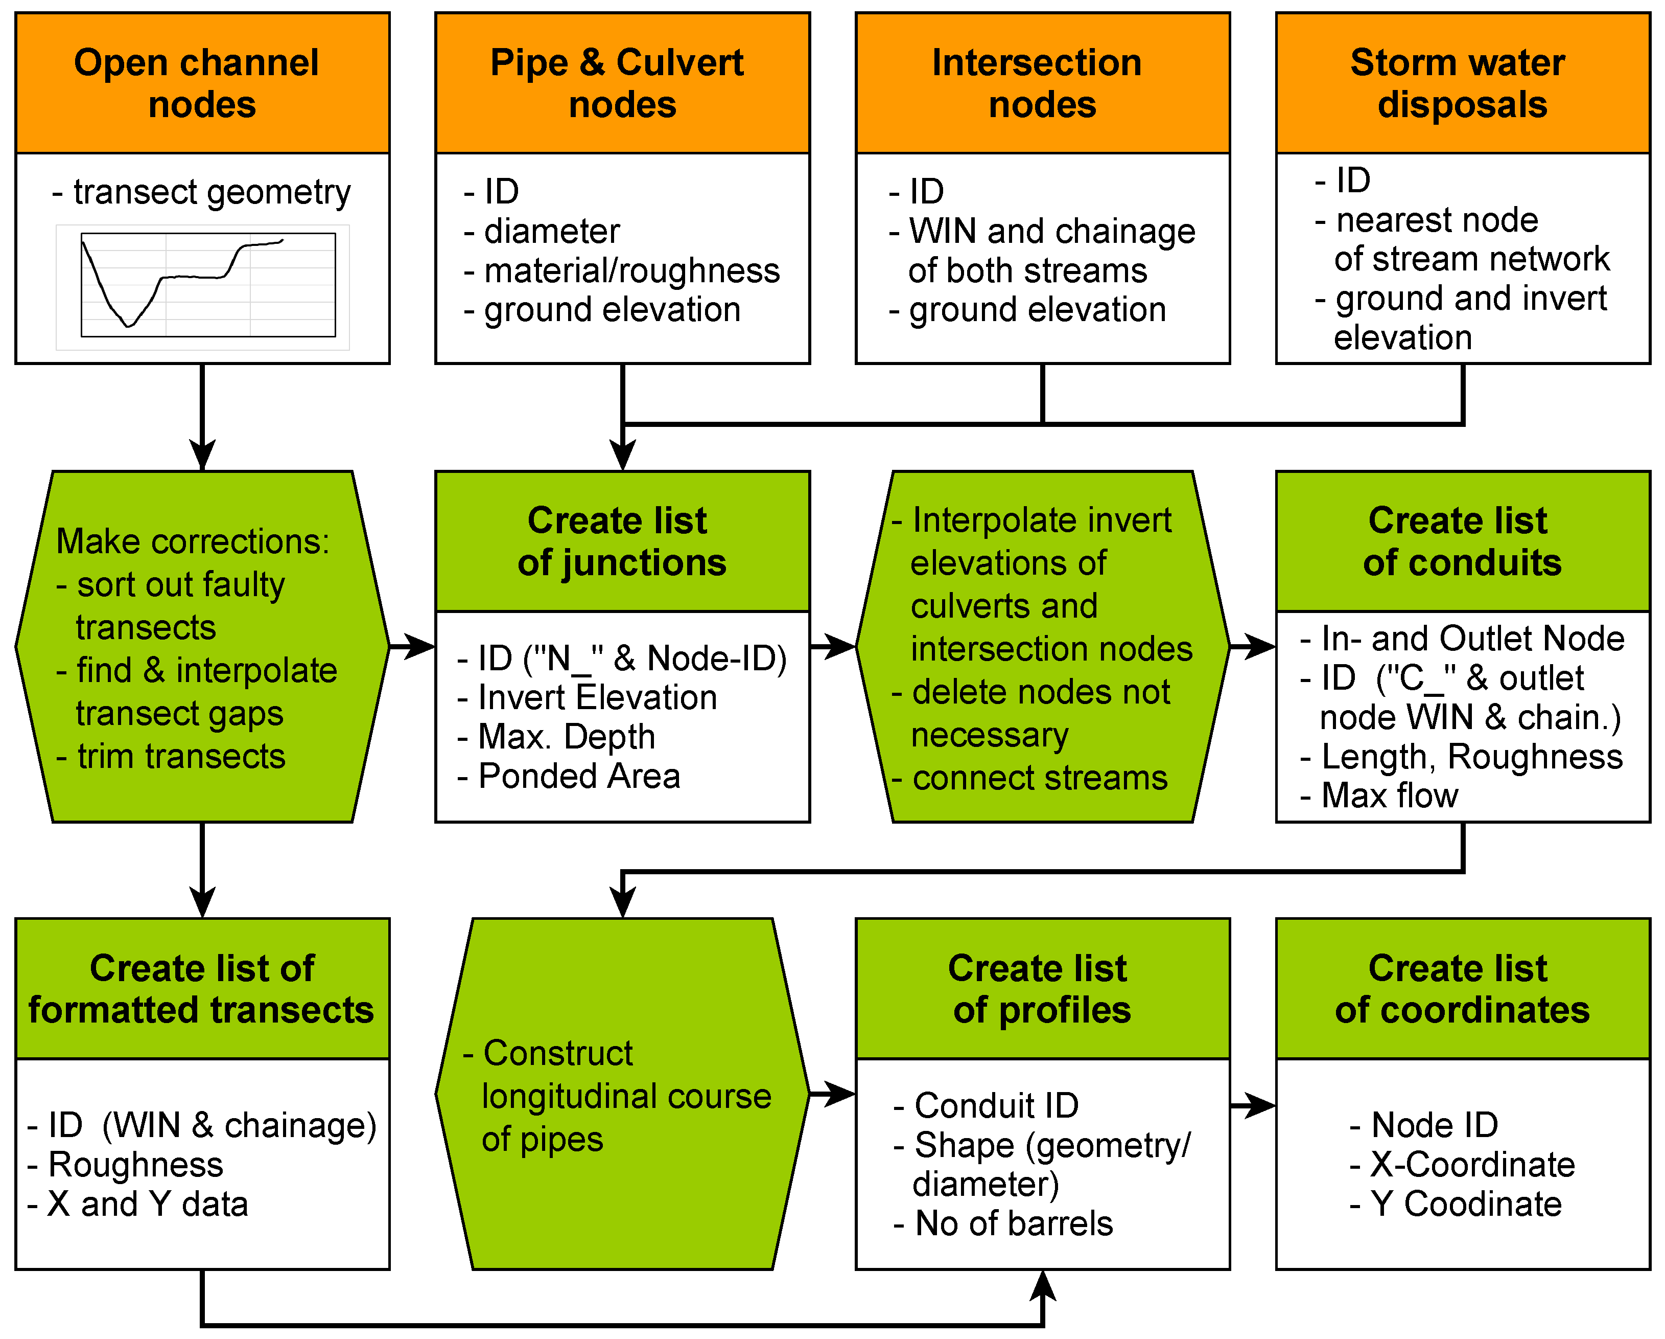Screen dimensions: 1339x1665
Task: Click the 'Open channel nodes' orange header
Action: (x=202, y=83)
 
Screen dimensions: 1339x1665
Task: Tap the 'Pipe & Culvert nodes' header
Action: (x=622, y=83)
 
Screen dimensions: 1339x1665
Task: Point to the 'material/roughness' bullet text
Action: (x=631, y=270)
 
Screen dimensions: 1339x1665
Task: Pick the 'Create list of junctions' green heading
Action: (x=622, y=541)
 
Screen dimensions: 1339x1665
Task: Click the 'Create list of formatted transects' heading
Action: (x=202, y=988)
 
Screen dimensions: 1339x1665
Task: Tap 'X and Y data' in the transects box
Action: (x=147, y=1204)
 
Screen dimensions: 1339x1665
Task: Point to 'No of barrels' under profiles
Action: (x=1013, y=1223)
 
